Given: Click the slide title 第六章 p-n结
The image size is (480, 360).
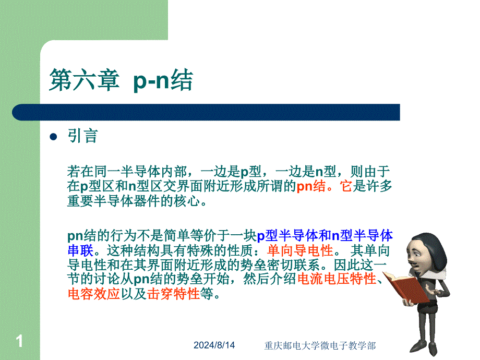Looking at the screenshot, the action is coord(121,80).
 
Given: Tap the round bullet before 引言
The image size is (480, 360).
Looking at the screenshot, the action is coord(53,137).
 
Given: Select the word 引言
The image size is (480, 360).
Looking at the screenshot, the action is coord(82,136).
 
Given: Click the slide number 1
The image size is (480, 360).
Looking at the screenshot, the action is coord(19,341).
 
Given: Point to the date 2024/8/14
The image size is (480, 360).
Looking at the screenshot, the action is coord(214,345).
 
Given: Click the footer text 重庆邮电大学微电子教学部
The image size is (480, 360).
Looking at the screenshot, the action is coord(320,345).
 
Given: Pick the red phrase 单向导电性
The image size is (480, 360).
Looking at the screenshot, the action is coord(299,251).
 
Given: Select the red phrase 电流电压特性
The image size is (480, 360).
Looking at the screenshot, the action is coord(337,279).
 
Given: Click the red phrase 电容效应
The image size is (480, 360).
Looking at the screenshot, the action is coord(94,294).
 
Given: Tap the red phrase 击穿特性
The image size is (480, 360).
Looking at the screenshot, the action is coord(173,294).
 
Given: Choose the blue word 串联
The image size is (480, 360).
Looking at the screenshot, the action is coord(80,251).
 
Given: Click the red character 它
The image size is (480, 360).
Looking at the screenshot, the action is coord(346,186).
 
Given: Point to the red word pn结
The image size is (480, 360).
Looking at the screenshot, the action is coord(311,186).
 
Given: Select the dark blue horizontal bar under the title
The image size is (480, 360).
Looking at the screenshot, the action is coord(206,112).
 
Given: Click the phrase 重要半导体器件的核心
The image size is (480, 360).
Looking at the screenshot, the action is coord(134,201).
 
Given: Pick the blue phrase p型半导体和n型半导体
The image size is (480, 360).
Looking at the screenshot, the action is coord(325,236).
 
